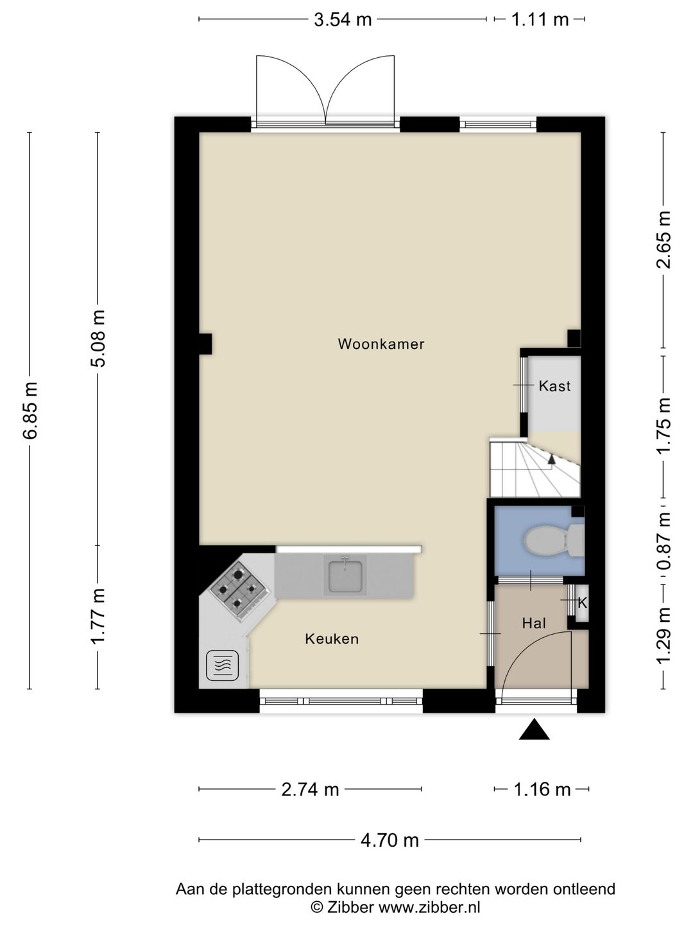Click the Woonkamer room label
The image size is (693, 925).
click(x=381, y=344)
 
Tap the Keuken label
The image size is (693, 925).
click(x=332, y=639)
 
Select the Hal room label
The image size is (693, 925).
click(x=534, y=623)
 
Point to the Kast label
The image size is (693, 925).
click(x=554, y=386)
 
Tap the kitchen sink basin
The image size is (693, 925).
click(x=345, y=575)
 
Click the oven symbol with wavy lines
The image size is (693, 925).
click(x=223, y=665)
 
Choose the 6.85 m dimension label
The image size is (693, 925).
click(x=30, y=410)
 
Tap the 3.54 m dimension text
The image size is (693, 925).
click(x=343, y=19)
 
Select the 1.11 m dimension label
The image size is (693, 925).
click(x=540, y=19)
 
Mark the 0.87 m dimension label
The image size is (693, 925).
click(x=664, y=541)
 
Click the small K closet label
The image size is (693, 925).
click(x=582, y=603)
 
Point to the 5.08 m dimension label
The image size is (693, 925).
click(x=98, y=339)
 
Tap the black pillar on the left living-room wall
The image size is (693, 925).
click(x=205, y=344)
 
